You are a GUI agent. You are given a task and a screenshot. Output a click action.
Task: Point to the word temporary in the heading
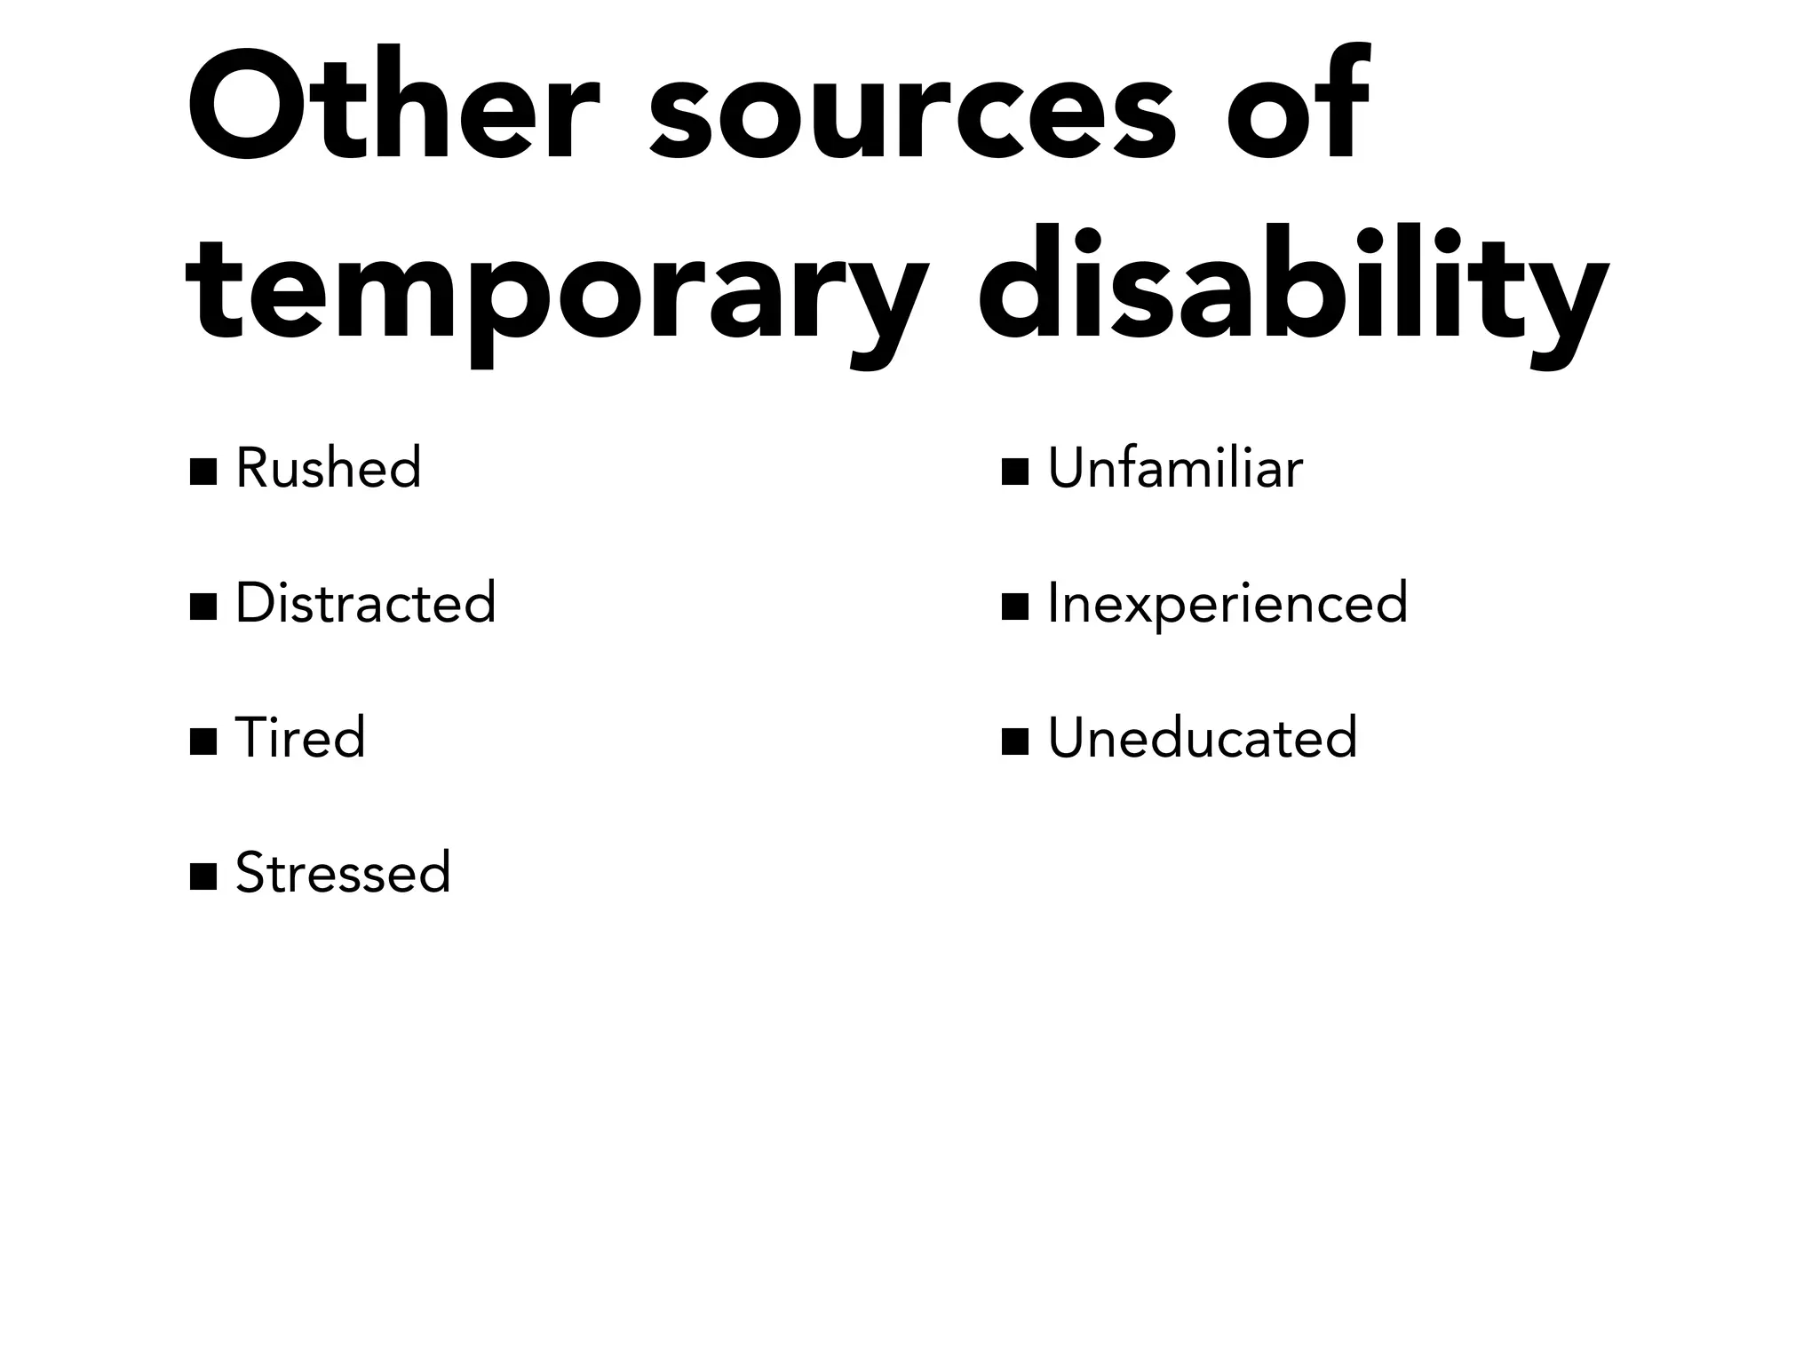coord(557,289)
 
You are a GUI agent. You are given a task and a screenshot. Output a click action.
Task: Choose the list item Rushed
coord(328,468)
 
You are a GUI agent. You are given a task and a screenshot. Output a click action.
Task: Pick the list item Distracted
coord(365,603)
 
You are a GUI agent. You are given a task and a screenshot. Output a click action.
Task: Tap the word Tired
coord(300,738)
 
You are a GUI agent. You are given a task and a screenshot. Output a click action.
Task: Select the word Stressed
coord(343,873)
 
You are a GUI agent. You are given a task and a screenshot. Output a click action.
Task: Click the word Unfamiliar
coord(1175,468)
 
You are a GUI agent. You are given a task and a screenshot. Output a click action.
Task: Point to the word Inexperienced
coord(1227,605)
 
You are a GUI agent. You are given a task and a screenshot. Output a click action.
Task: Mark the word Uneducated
coord(1203,738)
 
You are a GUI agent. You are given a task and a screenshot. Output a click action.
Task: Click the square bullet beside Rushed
coord(203,472)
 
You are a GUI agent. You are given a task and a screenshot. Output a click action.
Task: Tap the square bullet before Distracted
coord(203,607)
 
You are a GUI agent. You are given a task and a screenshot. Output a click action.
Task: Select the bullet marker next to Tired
coord(203,741)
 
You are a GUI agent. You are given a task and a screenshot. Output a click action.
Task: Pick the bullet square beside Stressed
coord(203,876)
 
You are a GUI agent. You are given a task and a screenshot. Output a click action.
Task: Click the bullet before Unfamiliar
coord(1014,472)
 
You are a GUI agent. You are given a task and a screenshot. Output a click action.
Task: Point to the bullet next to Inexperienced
coord(1014,607)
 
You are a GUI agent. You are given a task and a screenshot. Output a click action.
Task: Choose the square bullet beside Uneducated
coord(1014,741)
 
